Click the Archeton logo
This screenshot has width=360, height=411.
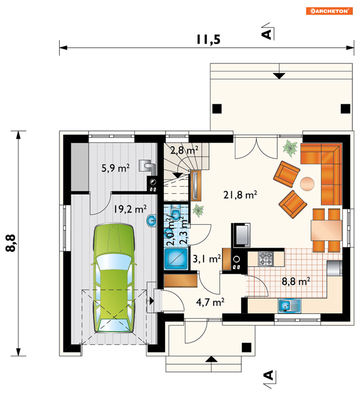tap(329, 11)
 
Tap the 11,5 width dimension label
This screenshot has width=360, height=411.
tap(209, 39)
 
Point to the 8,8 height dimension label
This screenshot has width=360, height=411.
tap(11, 243)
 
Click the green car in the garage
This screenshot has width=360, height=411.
tap(114, 278)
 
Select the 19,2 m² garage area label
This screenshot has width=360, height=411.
tap(130, 209)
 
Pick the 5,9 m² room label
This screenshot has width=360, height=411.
tap(115, 168)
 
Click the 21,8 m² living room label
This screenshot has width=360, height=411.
tap(240, 195)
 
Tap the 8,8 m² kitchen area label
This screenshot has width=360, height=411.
tap(296, 281)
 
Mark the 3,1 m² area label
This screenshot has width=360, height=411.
tap(207, 259)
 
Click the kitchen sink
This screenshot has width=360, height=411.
tap(289, 305)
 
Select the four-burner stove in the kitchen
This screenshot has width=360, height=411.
tap(266, 258)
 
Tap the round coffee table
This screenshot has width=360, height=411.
tap(307, 184)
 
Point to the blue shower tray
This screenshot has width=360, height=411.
tap(176, 259)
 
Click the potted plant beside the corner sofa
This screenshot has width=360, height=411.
tap(290, 148)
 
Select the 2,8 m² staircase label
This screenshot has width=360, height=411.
tap(184, 150)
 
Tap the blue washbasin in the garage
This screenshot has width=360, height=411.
tap(151, 221)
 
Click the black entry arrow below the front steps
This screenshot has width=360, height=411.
tap(211, 359)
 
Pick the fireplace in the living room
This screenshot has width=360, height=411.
tap(241, 235)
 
